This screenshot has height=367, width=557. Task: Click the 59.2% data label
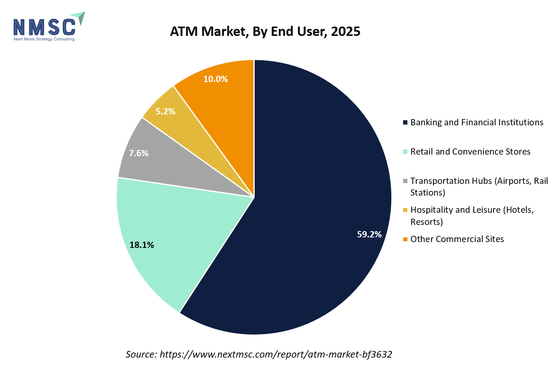coord(369,234)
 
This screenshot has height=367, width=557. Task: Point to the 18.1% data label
coord(142,245)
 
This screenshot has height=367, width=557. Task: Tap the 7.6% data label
coord(139,153)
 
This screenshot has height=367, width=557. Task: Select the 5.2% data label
coord(165,112)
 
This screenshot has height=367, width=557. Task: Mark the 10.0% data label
coord(215,79)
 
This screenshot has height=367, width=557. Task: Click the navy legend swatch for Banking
coord(405,123)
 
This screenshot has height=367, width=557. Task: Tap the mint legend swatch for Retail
coord(405,151)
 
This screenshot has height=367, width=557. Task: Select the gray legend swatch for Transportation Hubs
coord(405,181)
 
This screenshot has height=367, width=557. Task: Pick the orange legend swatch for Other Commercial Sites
coord(405,239)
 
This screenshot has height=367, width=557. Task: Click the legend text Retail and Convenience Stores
coord(470,151)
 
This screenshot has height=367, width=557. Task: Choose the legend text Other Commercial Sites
coord(457,239)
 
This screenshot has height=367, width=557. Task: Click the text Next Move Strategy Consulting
coord(44,39)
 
